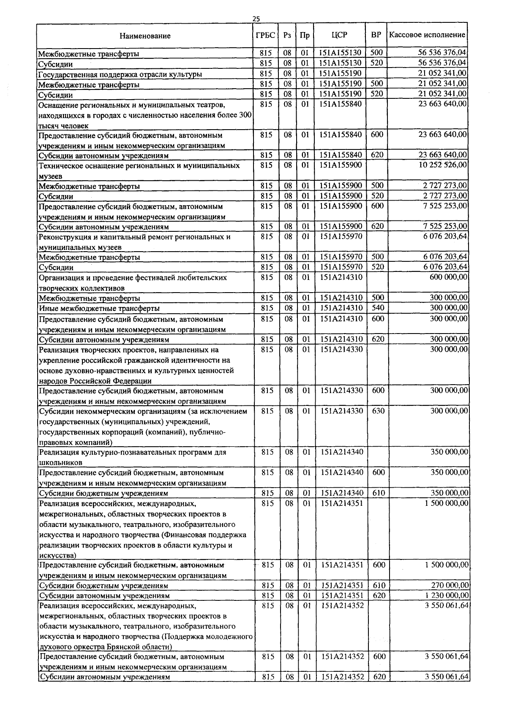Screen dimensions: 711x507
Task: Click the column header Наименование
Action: click(x=145, y=36)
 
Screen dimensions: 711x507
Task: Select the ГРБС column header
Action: click(x=265, y=35)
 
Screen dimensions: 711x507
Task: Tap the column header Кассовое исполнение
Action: click(x=427, y=35)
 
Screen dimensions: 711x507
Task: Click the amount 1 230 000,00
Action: click(x=445, y=595)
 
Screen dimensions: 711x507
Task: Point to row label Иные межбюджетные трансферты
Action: click(x=99, y=309)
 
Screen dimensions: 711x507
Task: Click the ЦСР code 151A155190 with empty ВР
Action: click(x=340, y=73)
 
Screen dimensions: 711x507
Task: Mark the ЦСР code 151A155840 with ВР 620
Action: click(x=341, y=155)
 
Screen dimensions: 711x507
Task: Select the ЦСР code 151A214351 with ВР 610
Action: click(x=342, y=585)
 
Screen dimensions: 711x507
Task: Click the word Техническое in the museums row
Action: click(x=61, y=166)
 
